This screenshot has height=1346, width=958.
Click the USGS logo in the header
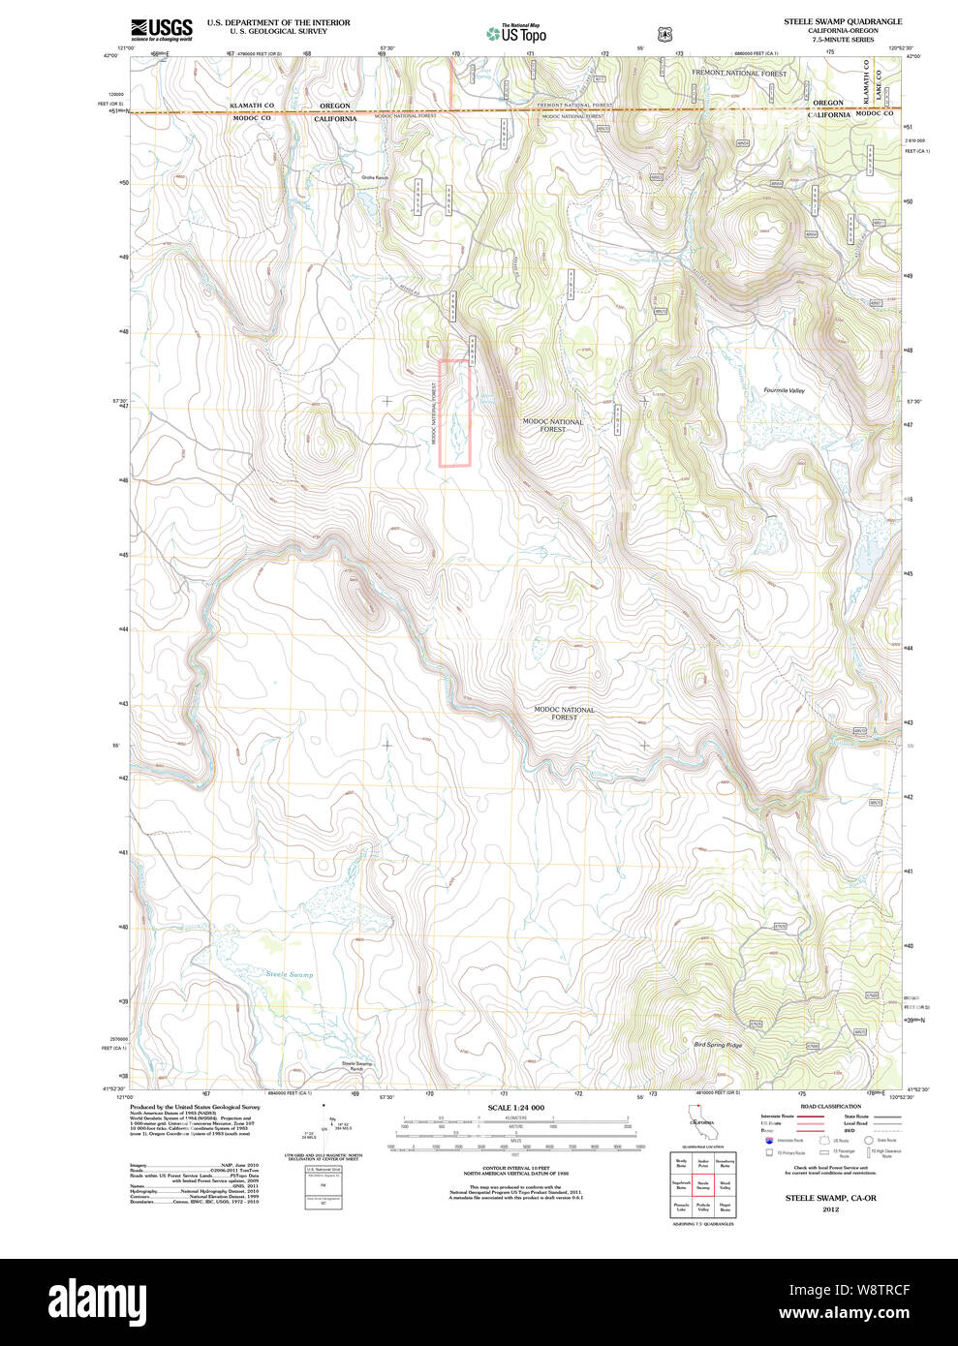[x=161, y=29]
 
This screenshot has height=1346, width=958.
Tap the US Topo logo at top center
[x=516, y=34]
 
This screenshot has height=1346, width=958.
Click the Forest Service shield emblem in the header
[x=664, y=34]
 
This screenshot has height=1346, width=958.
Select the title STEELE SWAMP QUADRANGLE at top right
[x=829, y=21]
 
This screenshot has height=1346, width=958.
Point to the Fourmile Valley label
[x=784, y=390]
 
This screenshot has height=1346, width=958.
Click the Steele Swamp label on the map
[x=290, y=974]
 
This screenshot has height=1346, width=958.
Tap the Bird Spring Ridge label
[x=718, y=1045]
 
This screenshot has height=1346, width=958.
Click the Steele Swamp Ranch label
[x=356, y=1066]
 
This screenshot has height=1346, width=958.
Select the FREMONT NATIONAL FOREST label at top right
[x=738, y=73]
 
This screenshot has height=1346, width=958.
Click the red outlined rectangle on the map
[x=455, y=413]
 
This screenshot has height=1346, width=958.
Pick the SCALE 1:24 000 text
[x=515, y=1108]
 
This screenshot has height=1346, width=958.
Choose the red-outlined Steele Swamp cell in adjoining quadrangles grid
[x=703, y=1183]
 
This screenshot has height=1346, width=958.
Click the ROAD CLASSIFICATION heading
[x=830, y=1106]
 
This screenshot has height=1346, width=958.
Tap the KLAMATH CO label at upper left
[x=252, y=105]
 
